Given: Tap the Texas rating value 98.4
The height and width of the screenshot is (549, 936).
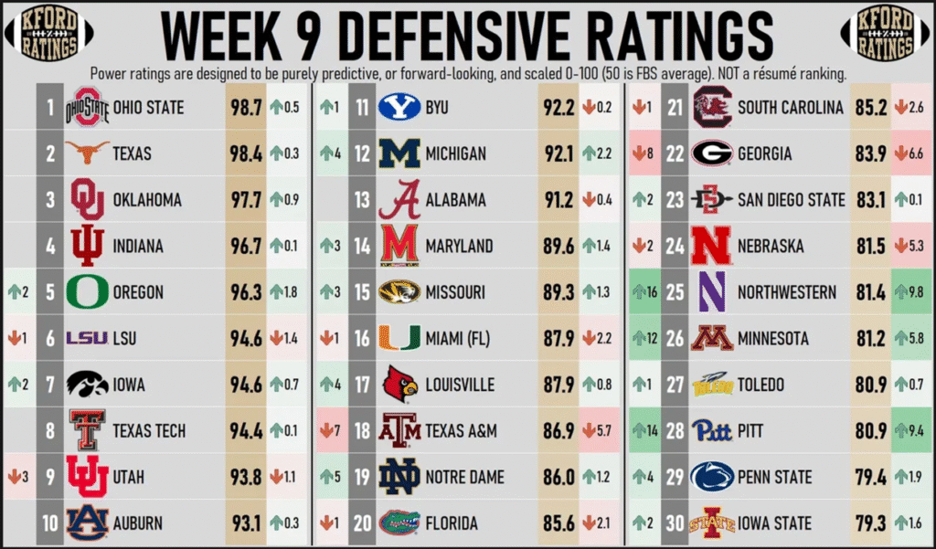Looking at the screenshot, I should [x=244, y=153].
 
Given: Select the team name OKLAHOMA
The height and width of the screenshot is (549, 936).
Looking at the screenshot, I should [x=147, y=200].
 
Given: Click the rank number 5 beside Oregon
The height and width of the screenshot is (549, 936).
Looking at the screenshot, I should [x=51, y=292].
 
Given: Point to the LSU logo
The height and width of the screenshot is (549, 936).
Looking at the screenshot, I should [x=86, y=339].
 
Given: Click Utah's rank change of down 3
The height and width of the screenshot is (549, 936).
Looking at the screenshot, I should [x=18, y=477].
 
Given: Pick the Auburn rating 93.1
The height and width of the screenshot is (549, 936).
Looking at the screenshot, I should [x=244, y=523].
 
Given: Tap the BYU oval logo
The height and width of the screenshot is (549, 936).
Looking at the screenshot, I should [x=399, y=108].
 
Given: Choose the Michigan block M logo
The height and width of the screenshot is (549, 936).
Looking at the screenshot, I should [x=399, y=153].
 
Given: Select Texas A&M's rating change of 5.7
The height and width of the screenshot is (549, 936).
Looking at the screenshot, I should [x=600, y=431].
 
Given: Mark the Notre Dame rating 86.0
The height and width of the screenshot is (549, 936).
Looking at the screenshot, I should [x=557, y=477].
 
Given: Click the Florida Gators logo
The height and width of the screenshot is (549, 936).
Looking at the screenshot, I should [x=399, y=523].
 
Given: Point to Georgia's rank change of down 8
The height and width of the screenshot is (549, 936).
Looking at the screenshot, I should [x=644, y=153].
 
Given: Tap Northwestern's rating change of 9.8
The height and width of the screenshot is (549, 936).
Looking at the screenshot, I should [x=911, y=292].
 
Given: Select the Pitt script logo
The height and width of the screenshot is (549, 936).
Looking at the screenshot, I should [x=712, y=431].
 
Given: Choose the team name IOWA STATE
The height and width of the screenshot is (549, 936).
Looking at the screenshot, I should [x=774, y=523].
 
